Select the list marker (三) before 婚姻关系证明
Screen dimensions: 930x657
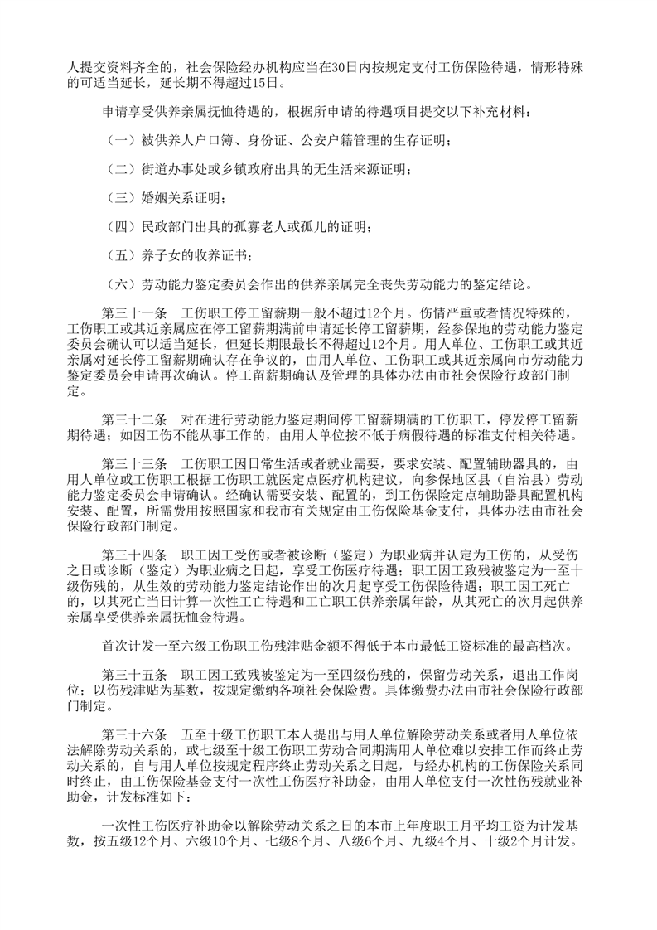point(118,196)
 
